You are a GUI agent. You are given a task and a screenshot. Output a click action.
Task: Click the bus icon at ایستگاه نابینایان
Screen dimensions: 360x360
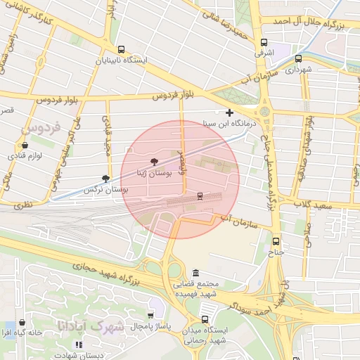tap(122, 50)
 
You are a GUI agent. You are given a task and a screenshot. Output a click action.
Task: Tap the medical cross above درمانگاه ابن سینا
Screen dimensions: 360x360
tap(229, 112)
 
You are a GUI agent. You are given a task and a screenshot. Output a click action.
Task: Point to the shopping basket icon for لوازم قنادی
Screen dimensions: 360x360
tap(25, 145)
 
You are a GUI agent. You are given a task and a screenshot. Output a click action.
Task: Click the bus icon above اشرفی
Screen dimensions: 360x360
tap(264, 42)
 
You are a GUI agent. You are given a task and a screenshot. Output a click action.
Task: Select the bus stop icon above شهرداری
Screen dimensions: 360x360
tap(299, 59)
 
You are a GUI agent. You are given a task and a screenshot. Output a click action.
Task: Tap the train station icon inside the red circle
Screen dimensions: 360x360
tap(200, 195)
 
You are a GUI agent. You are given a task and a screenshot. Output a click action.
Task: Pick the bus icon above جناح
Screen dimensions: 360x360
tap(276, 241)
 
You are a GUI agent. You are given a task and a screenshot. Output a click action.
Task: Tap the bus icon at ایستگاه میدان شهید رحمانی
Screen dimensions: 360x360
tap(205, 319)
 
